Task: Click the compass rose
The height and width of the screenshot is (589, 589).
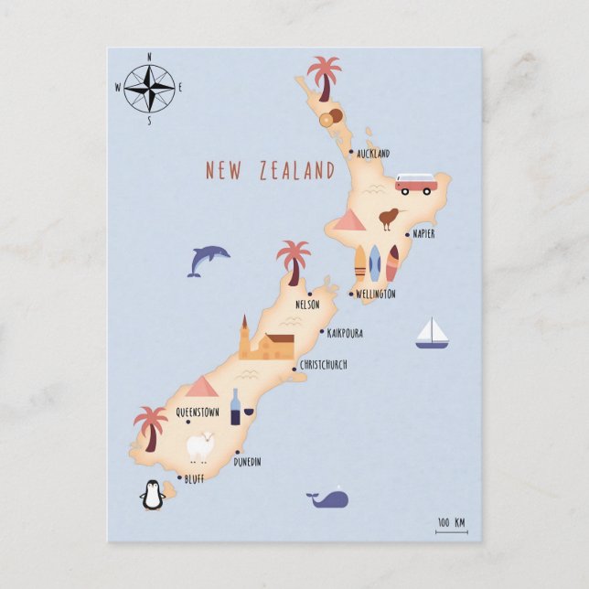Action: point(149,88)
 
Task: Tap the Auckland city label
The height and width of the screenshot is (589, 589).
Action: point(373,154)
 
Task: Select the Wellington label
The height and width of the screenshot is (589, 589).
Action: point(376,294)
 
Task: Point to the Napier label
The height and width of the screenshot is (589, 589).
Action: point(423,234)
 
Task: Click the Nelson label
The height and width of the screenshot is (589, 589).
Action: point(307,305)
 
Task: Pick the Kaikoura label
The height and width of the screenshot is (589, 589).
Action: point(345,334)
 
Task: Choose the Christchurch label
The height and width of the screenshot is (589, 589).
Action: point(324,365)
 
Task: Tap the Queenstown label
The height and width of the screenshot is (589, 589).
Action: point(198,412)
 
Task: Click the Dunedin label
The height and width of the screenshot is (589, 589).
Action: point(247,462)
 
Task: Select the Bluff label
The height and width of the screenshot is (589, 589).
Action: point(194,478)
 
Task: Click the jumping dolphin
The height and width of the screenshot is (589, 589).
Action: point(207,260)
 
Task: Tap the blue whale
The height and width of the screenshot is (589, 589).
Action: point(327,498)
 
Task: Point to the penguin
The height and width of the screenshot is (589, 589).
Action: point(153,496)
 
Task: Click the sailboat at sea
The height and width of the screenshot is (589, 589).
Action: point(432,334)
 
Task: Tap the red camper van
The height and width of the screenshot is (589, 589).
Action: point(416,185)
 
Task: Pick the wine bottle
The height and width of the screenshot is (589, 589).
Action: point(236,407)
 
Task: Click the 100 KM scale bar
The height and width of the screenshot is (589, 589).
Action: point(451,526)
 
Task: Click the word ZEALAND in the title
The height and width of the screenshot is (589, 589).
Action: point(296,171)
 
